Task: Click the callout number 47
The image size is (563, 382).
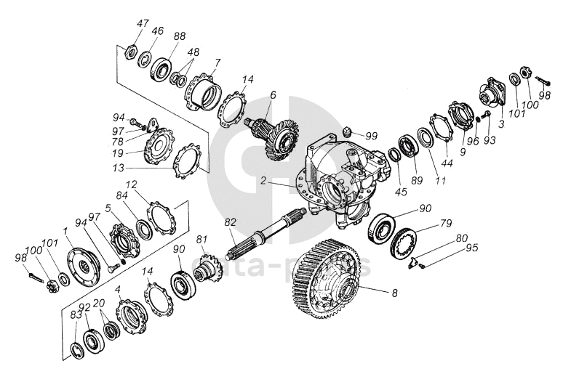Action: (x=142, y=24)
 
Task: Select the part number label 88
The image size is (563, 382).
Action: (x=180, y=36)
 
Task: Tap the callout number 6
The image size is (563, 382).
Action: (x=273, y=94)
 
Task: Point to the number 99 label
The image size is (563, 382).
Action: (x=372, y=135)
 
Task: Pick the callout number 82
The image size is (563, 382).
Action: (x=230, y=222)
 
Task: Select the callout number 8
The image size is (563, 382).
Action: (x=394, y=293)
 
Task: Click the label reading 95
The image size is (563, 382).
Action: (x=473, y=248)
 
